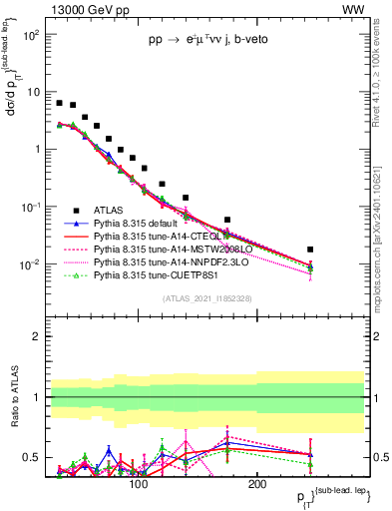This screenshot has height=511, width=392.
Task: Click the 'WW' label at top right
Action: [x=353, y=9]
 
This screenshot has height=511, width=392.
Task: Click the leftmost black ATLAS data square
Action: [x=60, y=103]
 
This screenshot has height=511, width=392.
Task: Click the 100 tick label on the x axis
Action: [x=139, y=484]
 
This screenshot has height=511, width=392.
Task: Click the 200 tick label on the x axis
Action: [x=256, y=484]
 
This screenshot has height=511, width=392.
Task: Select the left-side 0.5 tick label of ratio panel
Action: [x=33, y=457]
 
